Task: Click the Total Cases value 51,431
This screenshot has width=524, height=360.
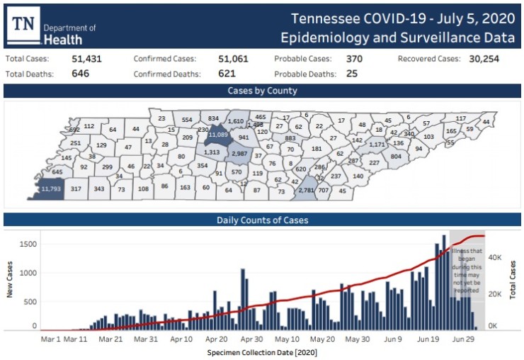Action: click(87, 59)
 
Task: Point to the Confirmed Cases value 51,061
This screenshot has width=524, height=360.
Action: click(233, 59)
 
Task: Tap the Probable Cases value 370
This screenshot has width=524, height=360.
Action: click(355, 59)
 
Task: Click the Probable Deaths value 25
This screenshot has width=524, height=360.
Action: click(352, 73)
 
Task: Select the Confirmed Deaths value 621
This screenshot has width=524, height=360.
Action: click(227, 73)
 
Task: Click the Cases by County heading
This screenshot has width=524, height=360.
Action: click(262, 91)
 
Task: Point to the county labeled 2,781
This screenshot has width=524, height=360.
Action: click(307, 190)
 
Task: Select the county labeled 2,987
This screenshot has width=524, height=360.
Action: click(239, 154)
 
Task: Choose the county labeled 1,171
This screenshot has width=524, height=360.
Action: click(377, 145)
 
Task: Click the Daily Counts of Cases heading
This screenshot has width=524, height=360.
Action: click(262, 220)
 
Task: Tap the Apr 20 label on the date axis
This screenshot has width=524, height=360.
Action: click(218, 339)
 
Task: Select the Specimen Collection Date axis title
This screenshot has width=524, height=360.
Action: click(262, 352)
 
